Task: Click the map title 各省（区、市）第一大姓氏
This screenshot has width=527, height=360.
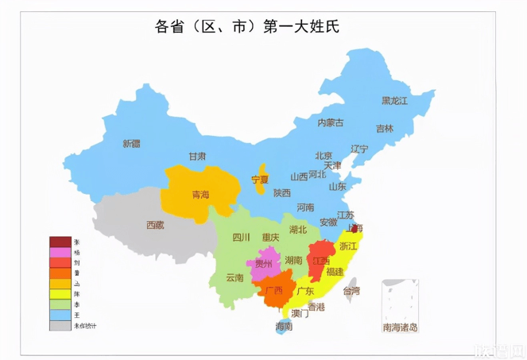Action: (246, 26)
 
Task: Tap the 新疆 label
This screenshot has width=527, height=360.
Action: (132, 144)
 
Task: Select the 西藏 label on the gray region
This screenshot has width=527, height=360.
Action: (155, 225)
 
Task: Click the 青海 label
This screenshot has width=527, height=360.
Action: (201, 195)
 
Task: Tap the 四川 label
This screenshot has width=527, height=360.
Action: (241, 237)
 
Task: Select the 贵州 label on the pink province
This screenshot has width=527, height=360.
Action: (263, 263)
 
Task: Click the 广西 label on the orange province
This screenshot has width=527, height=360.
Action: (274, 290)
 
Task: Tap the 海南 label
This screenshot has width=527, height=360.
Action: (284, 327)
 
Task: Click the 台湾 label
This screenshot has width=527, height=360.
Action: (351, 291)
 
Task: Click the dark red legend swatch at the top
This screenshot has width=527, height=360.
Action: (60, 241)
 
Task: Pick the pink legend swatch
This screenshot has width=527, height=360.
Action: (60, 252)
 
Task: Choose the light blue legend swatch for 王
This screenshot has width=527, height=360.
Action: (60, 315)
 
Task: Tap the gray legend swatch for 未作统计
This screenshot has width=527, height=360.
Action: (60, 326)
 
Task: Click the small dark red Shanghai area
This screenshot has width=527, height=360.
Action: (355, 227)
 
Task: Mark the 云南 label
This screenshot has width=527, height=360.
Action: (234, 277)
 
